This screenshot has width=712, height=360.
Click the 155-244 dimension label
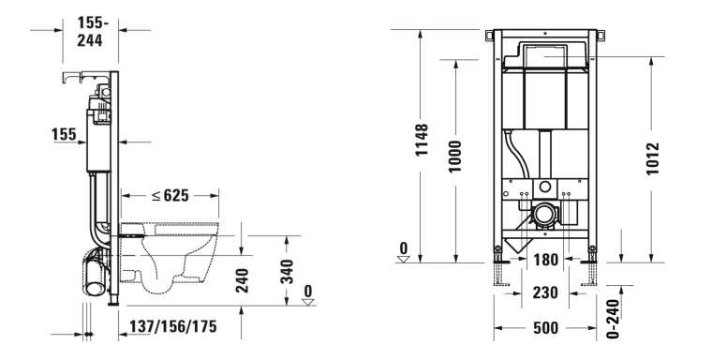coord(90,31)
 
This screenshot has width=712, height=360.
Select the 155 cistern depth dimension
coord(64,134)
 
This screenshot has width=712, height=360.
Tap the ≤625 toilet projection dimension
coord(171,195)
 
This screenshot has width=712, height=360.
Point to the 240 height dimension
coord(243,280)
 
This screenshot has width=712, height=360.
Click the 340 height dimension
coord(287,271)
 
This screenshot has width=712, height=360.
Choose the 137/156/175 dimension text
coord(173,326)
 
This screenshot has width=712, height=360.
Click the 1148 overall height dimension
coord(422,140)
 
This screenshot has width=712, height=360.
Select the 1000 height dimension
coord(454,157)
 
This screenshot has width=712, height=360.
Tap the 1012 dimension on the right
coord(653,158)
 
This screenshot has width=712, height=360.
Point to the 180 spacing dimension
coord(545,260)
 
